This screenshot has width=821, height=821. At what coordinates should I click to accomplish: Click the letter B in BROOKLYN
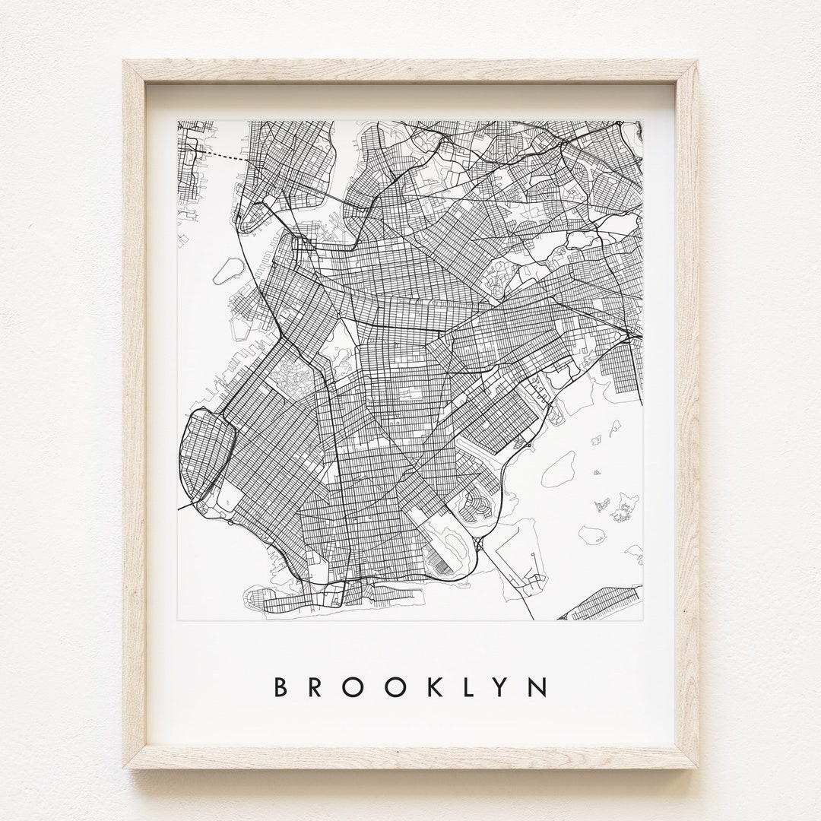click(x=279, y=687)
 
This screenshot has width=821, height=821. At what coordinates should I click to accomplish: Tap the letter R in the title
click(x=317, y=687)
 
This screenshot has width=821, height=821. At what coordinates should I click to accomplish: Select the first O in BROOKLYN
click(x=356, y=687)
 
